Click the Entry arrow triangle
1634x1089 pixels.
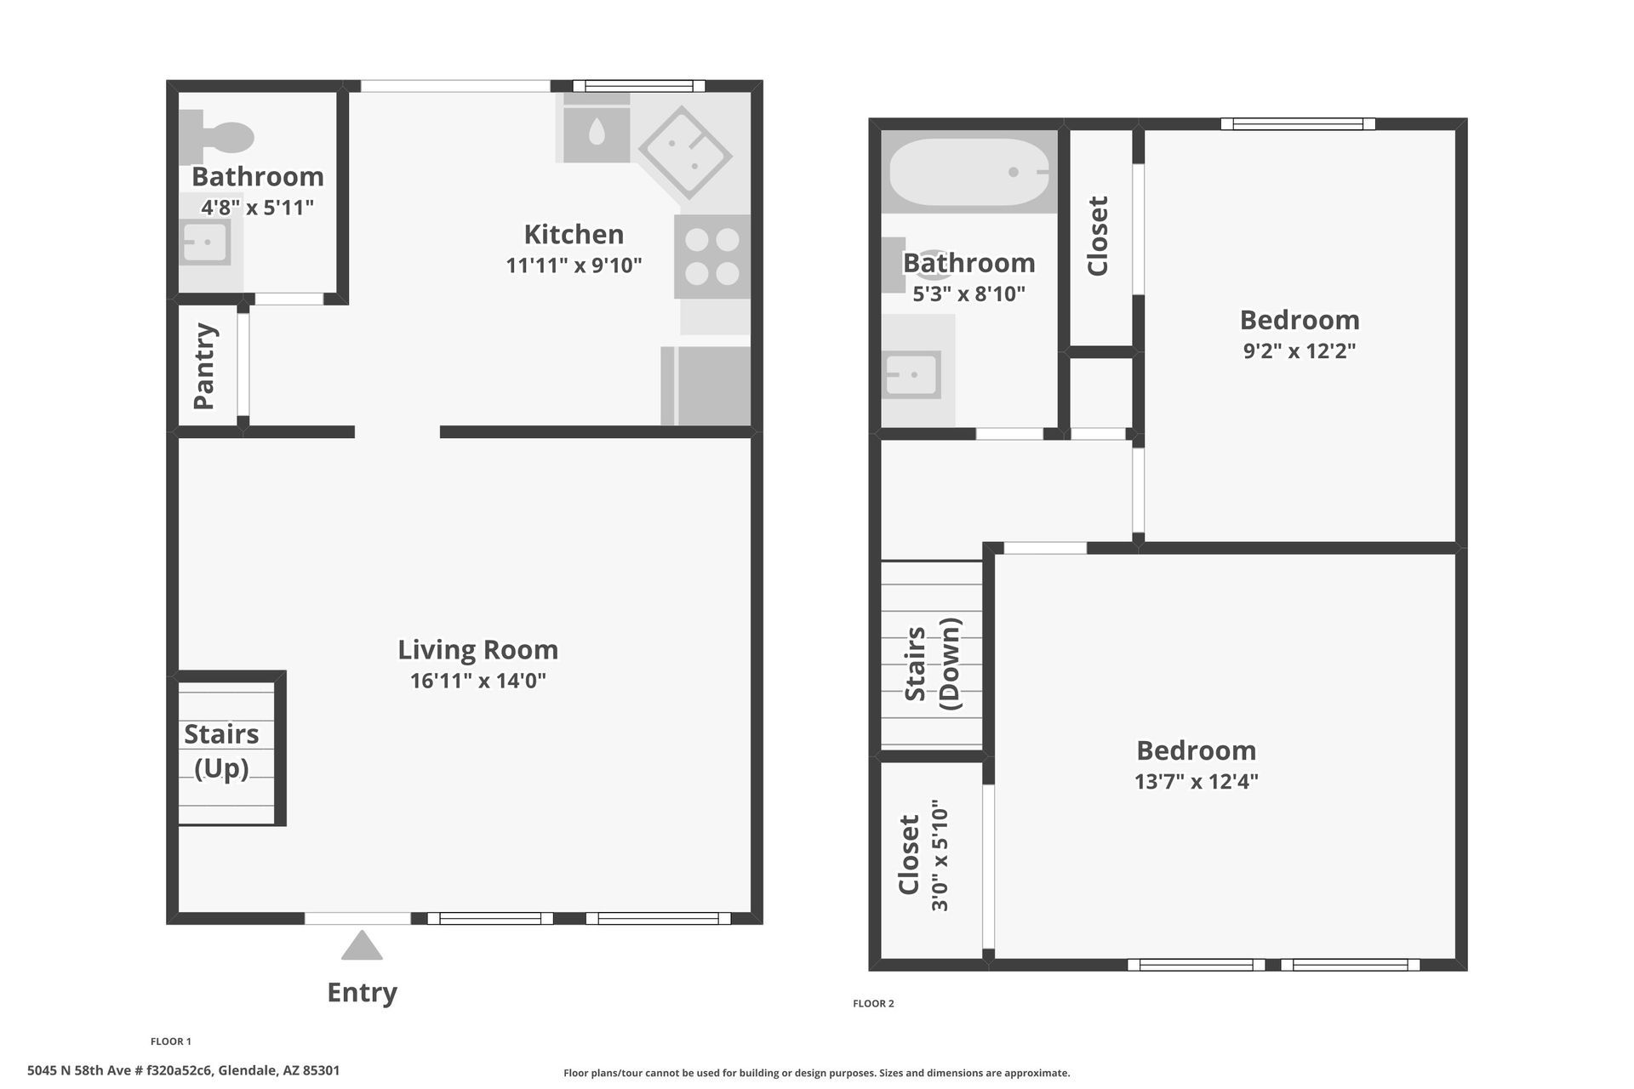click(363, 945)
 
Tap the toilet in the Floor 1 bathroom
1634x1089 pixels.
click(217, 135)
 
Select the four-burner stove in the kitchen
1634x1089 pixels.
click(712, 257)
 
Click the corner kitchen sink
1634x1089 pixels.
click(685, 152)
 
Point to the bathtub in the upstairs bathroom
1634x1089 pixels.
click(969, 172)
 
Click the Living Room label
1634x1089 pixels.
click(478, 650)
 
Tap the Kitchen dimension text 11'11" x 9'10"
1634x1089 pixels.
click(574, 265)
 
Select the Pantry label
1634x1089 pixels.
click(205, 366)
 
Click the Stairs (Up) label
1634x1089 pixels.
click(221, 751)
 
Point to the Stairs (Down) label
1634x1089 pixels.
click(932, 664)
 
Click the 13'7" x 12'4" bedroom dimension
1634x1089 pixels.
click(1197, 781)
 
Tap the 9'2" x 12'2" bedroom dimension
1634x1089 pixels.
click(1300, 351)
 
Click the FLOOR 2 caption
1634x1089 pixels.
click(873, 1004)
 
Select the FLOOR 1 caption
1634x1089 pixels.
click(171, 1041)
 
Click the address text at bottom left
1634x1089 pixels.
click(184, 1070)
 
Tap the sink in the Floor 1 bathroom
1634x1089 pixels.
click(205, 242)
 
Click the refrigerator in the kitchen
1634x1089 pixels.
click(706, 385)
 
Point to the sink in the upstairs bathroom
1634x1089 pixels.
click(911, 374)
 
